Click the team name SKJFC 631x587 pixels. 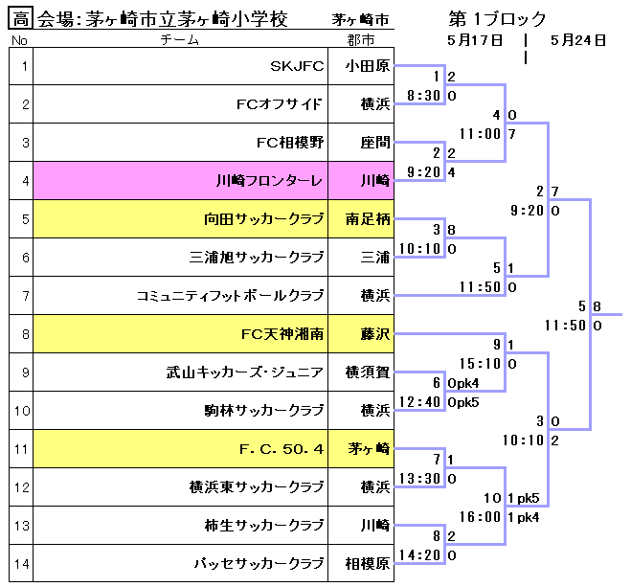click(297, 66)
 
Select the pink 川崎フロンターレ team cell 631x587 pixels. click(270, 180)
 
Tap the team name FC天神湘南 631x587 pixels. click(282, 334)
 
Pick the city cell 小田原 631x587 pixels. click(368, 66)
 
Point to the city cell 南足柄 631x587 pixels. click(368, 218)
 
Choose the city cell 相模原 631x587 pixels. click(368, 563)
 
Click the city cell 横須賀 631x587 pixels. click(368, 372)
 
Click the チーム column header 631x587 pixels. click(180, 40)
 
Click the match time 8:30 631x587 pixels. click(423, 96)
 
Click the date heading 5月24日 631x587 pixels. click(578, 40)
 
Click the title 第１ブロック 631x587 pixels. click(497, 18)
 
